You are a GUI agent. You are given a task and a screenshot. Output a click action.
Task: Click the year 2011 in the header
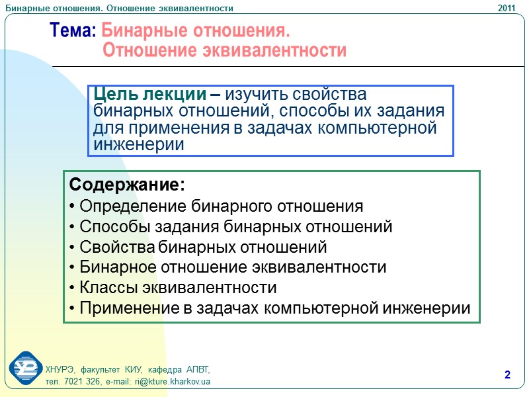(x=507, y=8)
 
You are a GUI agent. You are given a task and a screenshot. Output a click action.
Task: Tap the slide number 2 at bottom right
(x=508, y=376)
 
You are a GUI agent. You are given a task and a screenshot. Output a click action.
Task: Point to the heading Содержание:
(x=126, y=183)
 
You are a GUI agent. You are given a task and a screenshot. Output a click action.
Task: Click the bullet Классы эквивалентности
(x=172, y=288)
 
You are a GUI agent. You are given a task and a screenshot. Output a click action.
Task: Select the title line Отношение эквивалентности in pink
(x=224, y=50)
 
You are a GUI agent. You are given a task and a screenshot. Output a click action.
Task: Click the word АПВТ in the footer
(x=198, y=369)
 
